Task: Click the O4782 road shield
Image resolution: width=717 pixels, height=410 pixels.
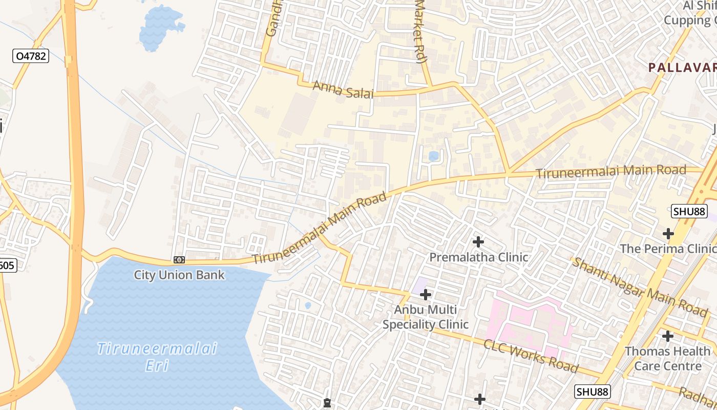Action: (31, 56)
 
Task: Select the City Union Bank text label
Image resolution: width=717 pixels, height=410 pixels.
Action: (179, 275)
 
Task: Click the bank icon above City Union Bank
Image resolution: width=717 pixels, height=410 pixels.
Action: (179, 260)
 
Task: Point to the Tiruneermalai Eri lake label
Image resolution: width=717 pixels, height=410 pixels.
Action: (157, 357)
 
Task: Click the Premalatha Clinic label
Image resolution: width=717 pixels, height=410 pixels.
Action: (478, 257)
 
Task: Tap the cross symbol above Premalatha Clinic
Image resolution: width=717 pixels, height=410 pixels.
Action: (478, 241)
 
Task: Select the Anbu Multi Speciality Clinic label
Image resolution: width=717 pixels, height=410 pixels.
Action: (425, 317)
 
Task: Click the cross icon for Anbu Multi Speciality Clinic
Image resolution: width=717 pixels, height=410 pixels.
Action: (426, 295)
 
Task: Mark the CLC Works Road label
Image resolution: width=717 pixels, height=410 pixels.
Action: (531, 356)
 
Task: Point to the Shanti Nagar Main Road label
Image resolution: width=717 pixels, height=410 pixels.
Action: (640, 287)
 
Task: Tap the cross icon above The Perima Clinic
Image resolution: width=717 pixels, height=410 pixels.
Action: (668, 234)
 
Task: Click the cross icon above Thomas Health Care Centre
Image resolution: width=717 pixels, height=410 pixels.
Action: (667, 336)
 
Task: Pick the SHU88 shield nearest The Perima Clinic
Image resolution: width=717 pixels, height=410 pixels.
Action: (689, 211)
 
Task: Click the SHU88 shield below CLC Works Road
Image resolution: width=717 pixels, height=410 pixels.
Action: (593, 392)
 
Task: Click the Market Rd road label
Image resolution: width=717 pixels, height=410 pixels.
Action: (420, 31)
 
